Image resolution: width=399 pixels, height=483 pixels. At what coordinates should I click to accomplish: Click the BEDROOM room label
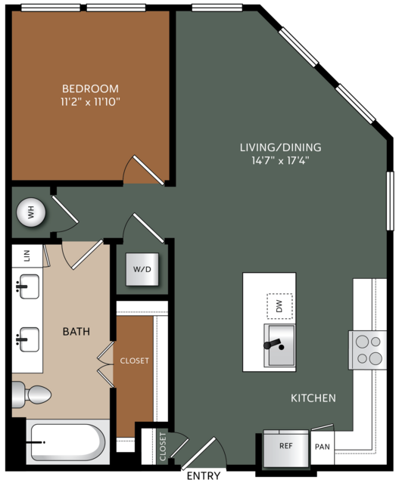90,88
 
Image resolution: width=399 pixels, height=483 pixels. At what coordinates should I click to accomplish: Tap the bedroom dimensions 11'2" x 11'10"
90,101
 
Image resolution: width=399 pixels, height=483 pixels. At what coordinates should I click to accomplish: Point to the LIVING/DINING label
280,147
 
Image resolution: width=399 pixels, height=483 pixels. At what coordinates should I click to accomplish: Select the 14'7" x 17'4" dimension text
280,160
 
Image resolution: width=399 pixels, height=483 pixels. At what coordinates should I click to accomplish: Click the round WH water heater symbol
31,212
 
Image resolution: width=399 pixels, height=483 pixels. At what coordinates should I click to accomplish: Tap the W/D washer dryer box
142,269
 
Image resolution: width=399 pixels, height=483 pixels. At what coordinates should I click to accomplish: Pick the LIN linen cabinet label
26,255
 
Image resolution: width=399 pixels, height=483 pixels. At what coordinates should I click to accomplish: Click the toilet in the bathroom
31,395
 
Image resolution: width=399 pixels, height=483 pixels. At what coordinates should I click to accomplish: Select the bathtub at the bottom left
67,442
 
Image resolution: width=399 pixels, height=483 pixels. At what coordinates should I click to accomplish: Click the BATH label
76,331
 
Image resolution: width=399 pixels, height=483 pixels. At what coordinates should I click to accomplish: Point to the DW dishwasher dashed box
279,306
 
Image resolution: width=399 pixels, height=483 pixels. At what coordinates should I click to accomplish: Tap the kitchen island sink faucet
273,344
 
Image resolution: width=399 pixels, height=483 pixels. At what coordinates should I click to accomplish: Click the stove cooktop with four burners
367,350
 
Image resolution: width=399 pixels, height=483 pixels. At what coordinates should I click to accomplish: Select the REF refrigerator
285,448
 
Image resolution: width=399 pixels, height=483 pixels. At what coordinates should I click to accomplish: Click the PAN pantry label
323,447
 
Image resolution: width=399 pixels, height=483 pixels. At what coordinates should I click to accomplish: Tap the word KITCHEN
313,398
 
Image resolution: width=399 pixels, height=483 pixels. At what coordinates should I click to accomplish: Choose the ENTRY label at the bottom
204,475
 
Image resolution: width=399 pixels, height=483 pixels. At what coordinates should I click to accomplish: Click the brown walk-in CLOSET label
135,361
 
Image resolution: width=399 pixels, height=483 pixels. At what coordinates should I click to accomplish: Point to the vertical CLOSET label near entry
163,447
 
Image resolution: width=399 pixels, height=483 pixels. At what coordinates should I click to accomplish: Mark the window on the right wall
391,201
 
